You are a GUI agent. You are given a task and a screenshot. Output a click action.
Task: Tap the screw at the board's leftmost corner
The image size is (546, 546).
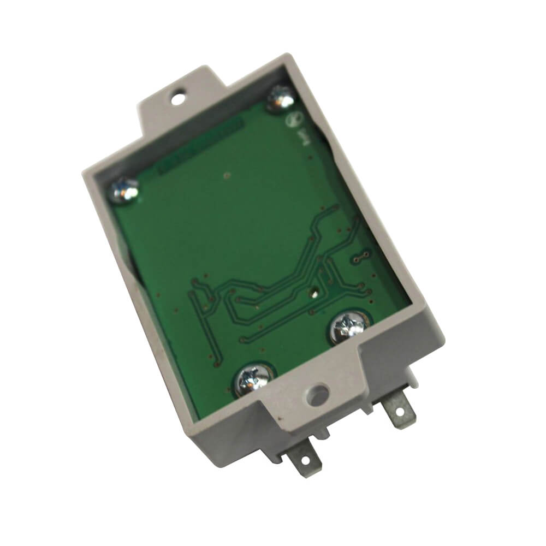[125, 191]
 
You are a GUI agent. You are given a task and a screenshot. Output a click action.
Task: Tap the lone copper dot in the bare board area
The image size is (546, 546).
[227, 175]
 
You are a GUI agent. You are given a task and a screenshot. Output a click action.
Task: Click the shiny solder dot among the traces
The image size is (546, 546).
[314, 292]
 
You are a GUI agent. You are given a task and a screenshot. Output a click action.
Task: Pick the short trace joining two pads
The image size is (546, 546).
[360, 256]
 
